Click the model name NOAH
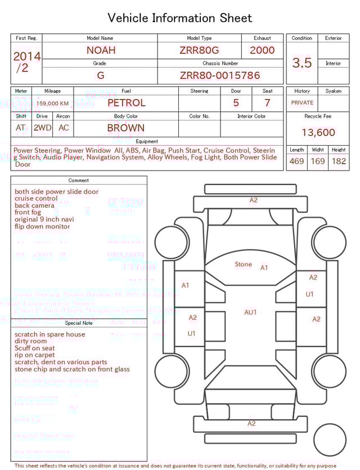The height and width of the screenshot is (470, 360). coord(101,50)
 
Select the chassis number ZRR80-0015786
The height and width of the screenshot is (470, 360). coord(220,75)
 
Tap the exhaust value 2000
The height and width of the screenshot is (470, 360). coord(262,50)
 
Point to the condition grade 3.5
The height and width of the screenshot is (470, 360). coord(302,63)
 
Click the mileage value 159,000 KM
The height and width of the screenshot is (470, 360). coord(52,104)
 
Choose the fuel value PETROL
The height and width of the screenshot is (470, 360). coord(126,103)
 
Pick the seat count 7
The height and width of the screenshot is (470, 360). coord(267,103)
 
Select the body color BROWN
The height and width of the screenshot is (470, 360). coord(126,128)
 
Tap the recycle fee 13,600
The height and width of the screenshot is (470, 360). coord(318,133)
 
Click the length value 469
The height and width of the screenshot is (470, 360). coord(296,161)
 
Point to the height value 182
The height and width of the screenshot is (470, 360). coord(339,161)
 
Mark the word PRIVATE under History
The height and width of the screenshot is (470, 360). coord(302,103)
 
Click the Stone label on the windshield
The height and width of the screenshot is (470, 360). coord(243,264)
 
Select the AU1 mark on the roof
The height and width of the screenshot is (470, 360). coord(250,312)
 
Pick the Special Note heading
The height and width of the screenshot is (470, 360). coord(79,323)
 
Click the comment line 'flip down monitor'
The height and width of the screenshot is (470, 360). coord(42,226)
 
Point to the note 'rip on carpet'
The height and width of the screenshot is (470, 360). coord(35,355)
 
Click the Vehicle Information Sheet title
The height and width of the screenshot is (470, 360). coord(180,18)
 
